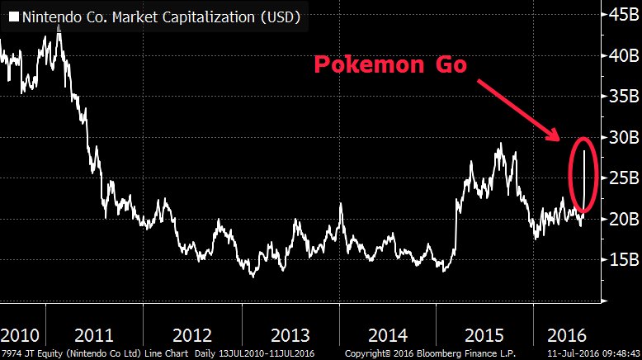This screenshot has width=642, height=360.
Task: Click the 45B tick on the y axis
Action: click(620, 14)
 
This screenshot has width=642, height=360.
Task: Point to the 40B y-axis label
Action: click(620, 55)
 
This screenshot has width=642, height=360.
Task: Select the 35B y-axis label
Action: click(620, 96)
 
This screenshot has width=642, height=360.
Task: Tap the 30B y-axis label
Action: click(620, 137)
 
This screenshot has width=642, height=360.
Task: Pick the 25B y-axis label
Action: click(620, 178)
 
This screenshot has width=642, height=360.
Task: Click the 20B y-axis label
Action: click(620, 219)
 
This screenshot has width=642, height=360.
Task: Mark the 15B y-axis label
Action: click(620, 259)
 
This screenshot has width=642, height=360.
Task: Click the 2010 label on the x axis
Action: click(20, 336)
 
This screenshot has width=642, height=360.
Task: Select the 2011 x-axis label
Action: click(94, 336)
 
